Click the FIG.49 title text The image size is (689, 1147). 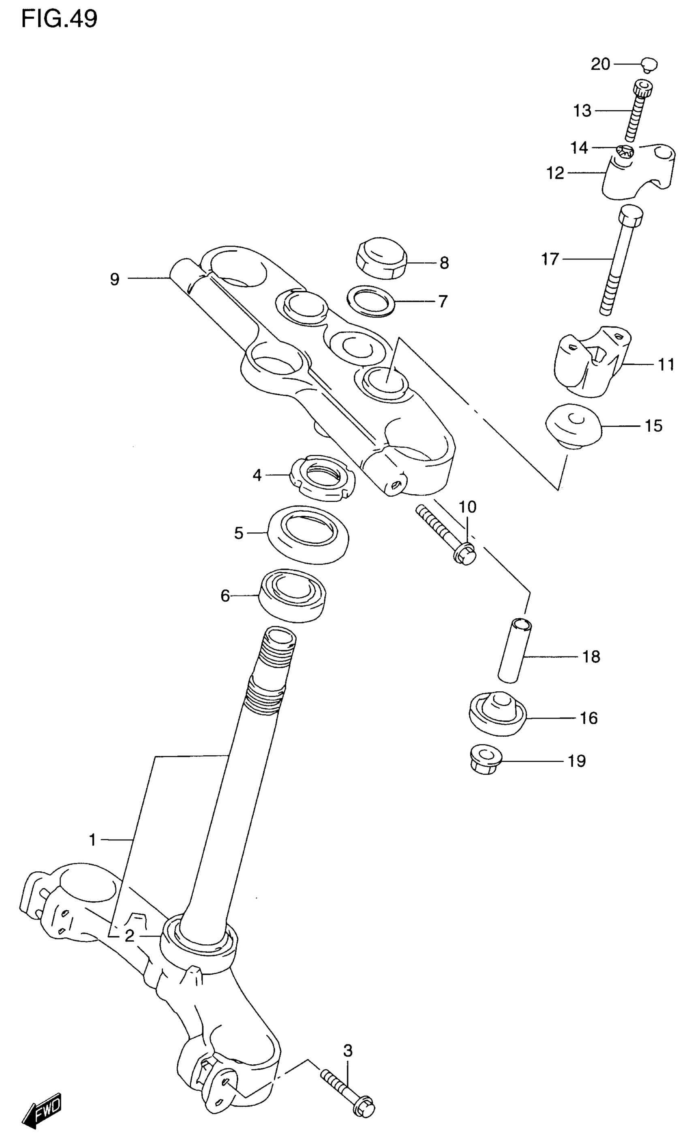(60, 19)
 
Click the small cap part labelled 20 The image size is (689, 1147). (650, 64)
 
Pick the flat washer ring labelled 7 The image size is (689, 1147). (371, 301)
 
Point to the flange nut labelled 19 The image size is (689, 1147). (484, 760)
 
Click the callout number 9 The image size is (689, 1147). (115, 279)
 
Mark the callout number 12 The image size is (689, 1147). (555, 173)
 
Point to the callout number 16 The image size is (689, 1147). (589, 718)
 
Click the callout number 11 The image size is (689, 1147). (666, 364)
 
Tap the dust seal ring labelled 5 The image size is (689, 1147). (309, 534)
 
